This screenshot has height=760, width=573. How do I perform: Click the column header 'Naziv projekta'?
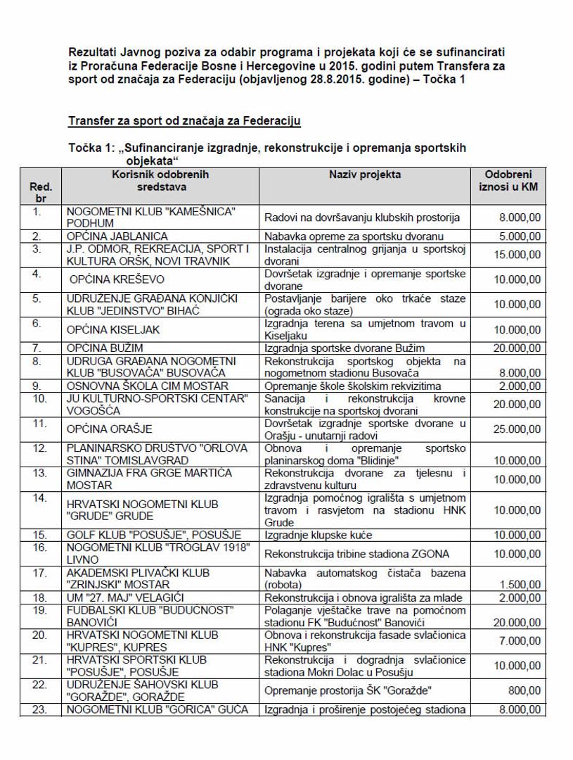tap(364, 175)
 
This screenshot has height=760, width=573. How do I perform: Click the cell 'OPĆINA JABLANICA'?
tap(117, 236)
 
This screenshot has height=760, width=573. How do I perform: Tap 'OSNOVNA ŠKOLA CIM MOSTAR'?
tap(148, 386)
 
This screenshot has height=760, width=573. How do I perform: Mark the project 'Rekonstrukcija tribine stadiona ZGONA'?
tap(356, 553)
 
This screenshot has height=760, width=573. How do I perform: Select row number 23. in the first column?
tap(41, 709)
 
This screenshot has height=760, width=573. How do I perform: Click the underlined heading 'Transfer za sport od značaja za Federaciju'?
tap(184, 122)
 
